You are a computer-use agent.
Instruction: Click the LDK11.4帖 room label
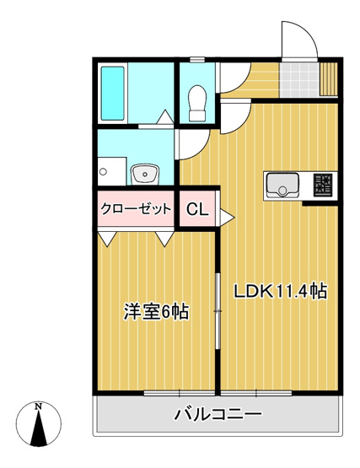(x=280, y=292)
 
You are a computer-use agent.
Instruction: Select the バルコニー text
(x=218, y=414)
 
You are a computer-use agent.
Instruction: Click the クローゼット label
(x=136, y=207)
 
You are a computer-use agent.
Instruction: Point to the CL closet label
(x=197, y=208)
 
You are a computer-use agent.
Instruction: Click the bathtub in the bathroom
(x=113, y=93)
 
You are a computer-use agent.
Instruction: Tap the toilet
(x=199, y=102)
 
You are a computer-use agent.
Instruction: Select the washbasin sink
(x=145, y=175)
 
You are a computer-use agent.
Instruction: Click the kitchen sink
(x=282, y=185)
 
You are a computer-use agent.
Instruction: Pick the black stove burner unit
(x=323, y=185)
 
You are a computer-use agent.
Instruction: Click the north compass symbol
(x=38, y=424)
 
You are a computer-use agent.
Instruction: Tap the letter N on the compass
(x=38, y=407)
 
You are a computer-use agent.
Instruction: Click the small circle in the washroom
(x=103, y=171)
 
